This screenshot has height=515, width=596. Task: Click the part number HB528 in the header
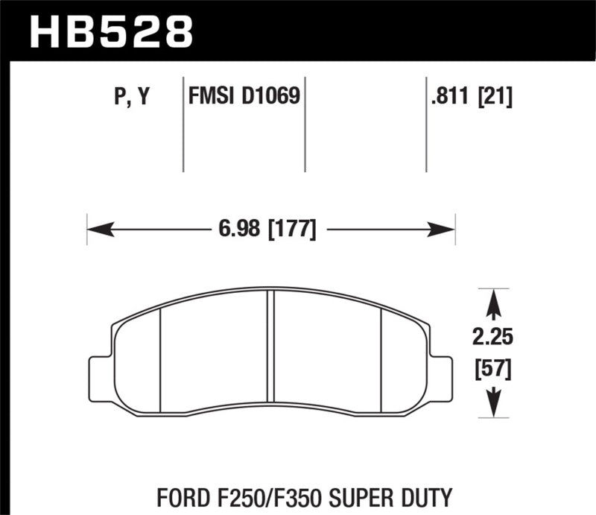[110, 31]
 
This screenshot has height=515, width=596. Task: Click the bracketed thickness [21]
[494, 97]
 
